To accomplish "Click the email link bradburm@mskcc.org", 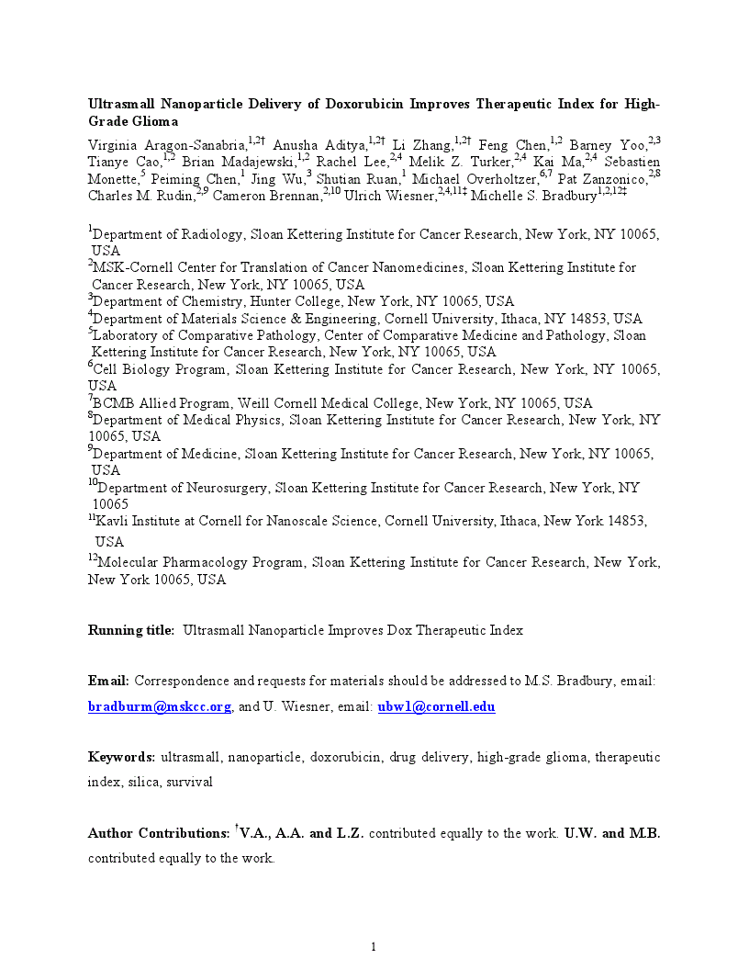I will (x=159, y=706).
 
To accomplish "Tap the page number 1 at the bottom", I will (x=374, y=947).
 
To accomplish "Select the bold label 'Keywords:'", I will (x=121, y=757).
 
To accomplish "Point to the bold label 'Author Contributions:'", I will (x=158, y=834).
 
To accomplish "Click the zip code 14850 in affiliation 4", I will (x=570, y=319).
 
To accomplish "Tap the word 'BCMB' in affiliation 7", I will (x=113, y=403).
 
